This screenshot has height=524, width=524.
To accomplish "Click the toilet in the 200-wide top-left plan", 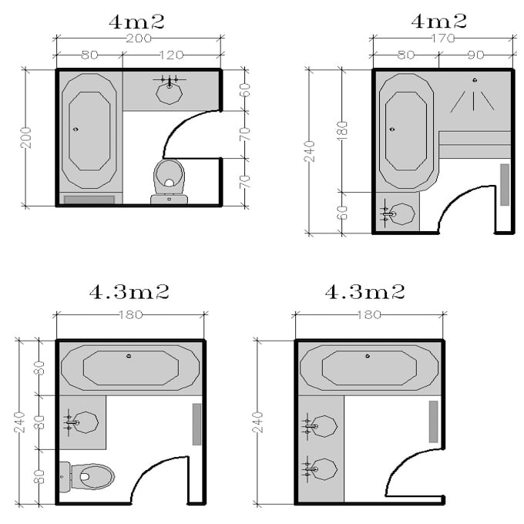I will [169, 178].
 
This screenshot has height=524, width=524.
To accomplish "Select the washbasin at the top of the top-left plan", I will [168, 91].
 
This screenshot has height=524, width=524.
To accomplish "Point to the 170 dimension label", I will [442, 35].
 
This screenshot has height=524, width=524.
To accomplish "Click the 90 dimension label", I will [477, 55].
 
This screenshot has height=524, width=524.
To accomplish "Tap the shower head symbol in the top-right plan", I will [474, 80].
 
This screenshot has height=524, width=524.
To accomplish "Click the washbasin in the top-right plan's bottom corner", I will [398, 214].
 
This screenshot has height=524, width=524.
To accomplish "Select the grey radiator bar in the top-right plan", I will [505, 184].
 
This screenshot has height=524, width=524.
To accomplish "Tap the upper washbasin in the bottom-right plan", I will [322, 426].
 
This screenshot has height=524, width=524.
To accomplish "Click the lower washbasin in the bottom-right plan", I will [322, 468].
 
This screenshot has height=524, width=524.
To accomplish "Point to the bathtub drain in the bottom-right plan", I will [368, 356].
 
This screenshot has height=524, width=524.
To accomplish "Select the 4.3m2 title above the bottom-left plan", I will [129, 292].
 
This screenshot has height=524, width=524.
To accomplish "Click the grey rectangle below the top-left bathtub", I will [89, 200].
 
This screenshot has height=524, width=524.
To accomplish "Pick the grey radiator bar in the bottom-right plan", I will [433, 422].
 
